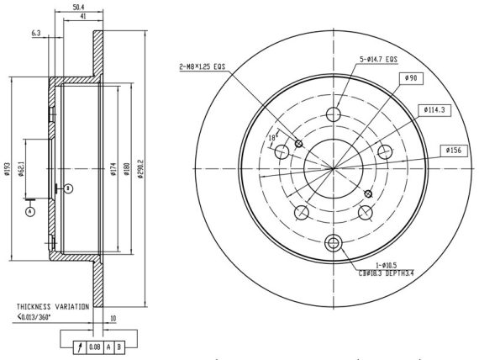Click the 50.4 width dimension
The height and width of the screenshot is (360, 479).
click(78, 7)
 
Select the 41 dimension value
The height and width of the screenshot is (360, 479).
click(83, 17)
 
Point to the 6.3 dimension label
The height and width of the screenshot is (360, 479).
click(36, 33)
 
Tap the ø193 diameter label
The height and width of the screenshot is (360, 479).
click(7, 168)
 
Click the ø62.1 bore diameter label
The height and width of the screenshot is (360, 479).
click(21, 169)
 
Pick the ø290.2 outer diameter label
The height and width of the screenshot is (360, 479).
click(140, 168)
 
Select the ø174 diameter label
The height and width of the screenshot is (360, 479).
click(113, 169)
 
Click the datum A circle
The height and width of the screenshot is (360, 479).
click(30, 211)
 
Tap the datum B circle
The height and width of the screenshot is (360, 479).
click(69, 188)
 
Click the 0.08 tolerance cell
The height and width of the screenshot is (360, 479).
click(95, 347)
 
